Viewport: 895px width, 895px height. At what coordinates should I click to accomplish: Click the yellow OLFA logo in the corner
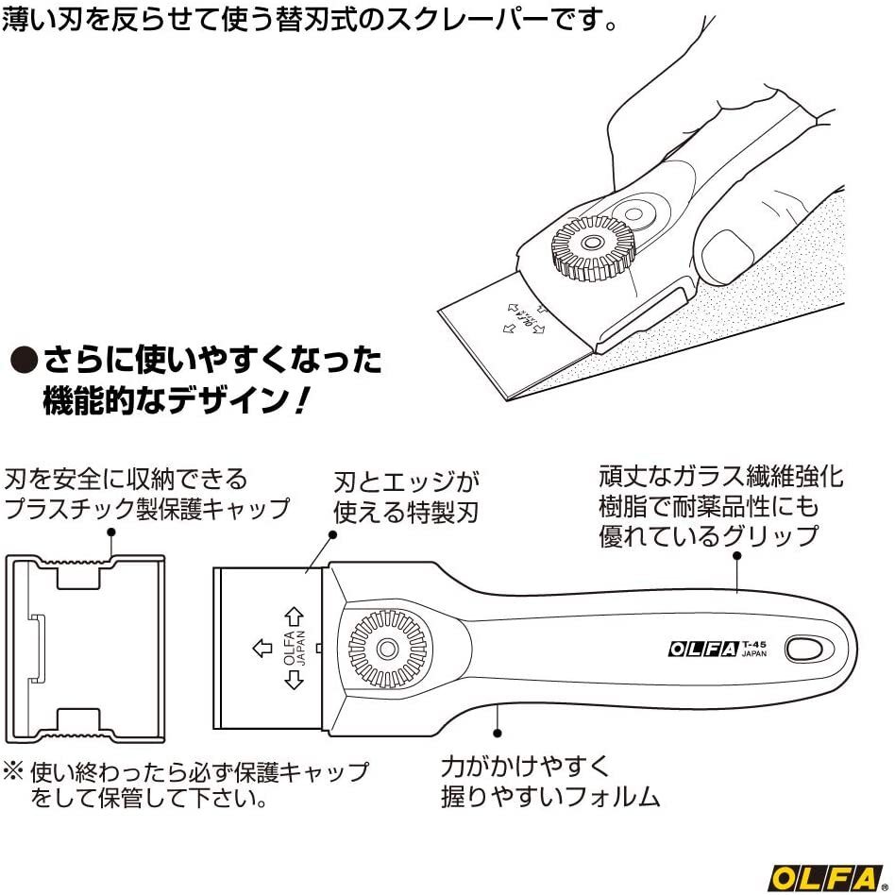tap(825, 879)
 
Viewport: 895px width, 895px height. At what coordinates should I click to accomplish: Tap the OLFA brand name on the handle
tap(703, 649)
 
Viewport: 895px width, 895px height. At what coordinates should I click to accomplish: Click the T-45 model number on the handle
tap(754, 645)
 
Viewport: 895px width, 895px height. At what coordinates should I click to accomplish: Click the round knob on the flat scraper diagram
tap(388, 649)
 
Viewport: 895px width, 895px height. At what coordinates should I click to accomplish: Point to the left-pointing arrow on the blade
tap(262, 649)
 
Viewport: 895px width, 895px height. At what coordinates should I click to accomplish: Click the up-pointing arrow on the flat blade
tap(294, 617)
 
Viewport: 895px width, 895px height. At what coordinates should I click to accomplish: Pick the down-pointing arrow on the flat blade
tap(294, 679)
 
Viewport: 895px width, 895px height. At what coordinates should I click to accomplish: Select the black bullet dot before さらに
tap(25, 360)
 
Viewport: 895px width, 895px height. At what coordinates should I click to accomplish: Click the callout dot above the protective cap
tap(111, 532)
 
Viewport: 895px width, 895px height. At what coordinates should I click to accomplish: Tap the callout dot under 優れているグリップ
tap(737, 555)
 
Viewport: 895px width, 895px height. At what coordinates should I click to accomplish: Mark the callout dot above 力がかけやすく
tap(498, 733)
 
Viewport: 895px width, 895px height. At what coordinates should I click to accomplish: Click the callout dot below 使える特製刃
tap(333, 535)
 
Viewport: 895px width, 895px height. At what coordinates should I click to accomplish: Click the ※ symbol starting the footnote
tap(13, 772)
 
